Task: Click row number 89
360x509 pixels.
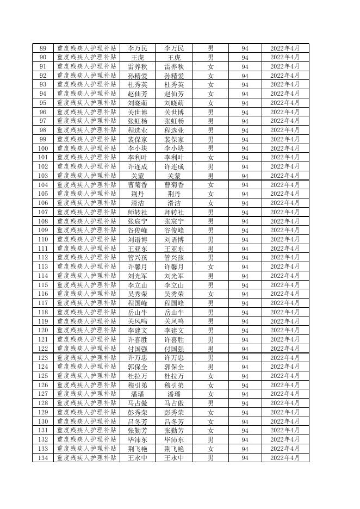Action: (42, 48)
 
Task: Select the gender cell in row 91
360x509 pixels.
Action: (210, 66)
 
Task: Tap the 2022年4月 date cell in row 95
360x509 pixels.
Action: (285, 103)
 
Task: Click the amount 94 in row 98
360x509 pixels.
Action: (245, 131)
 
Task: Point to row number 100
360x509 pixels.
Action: (42, 148)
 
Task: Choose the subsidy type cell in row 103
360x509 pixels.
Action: (86, 176)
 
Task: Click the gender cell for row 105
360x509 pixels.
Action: (210, 194)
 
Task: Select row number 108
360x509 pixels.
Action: (42, 221)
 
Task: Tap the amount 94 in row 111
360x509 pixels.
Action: (245, 249)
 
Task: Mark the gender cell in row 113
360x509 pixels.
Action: (210, 267)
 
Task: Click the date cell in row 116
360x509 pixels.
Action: (285, 294)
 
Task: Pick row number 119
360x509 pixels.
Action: (42, 321)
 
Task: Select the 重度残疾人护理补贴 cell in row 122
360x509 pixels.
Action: (86, 349)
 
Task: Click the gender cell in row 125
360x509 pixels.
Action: (210, 376)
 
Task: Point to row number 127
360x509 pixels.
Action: (42, 394)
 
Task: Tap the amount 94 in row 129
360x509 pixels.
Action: (245, 412)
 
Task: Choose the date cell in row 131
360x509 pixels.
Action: (285, 431)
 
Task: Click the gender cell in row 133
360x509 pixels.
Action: (210, 449)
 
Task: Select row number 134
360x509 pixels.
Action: (42, 458)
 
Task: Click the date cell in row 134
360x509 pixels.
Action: (285, 458)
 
